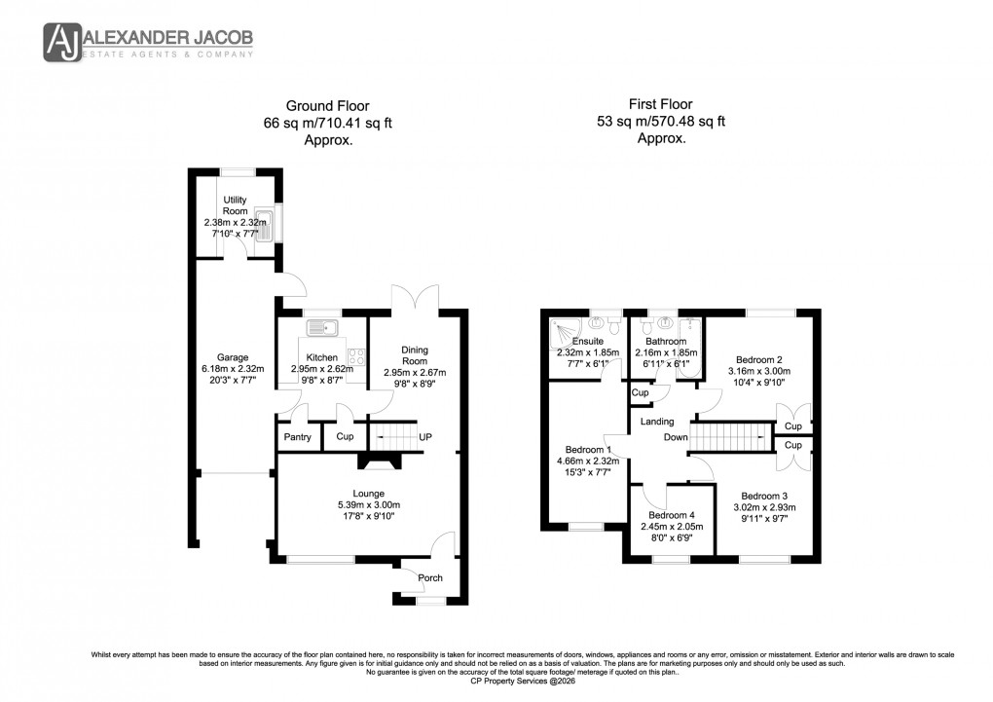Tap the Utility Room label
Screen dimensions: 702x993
pos(236,204)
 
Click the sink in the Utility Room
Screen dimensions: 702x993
pos(264,223)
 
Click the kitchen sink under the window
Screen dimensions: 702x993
pos(321,326)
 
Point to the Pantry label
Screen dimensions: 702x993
pos(298,437)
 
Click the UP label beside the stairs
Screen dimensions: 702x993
pos(425,437)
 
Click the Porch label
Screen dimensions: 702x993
pos(430,577)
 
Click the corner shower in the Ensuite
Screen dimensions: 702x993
pos(566,330)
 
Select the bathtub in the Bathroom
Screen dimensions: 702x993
pos(692,346)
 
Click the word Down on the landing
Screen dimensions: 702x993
pos(676,437)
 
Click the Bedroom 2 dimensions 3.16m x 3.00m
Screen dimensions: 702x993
pos(759,371)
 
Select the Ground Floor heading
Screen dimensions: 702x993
pos(327,106)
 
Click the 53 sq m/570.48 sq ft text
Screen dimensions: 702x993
pos(661,122)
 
